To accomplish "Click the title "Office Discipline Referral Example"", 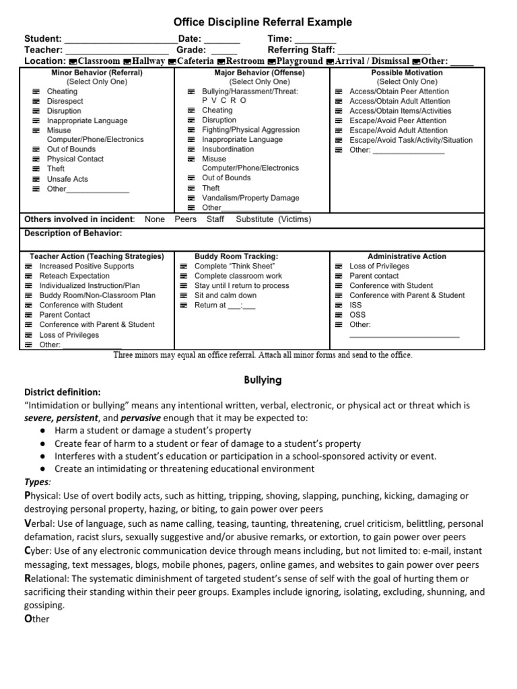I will click(x=258, y=23).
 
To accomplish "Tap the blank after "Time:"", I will click(x=316, y=40).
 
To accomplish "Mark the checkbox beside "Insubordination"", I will click(x=191, y=149).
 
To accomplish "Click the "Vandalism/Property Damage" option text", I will click(x=250, y=198).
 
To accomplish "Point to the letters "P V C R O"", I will click(x=224, y=100).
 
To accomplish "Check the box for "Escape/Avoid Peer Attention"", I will click(x=339, y=121).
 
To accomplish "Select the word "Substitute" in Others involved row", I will click(x=255, y=219).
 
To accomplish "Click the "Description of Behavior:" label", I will click(x=73, y=233).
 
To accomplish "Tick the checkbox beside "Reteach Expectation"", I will click(x=28, y=276).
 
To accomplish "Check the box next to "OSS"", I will click(x=339, y=314).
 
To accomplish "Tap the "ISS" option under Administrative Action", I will click(x=355, y=305).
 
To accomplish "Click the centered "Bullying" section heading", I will click(x=263, y=380).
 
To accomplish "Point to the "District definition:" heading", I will click(x=63, y=392).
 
